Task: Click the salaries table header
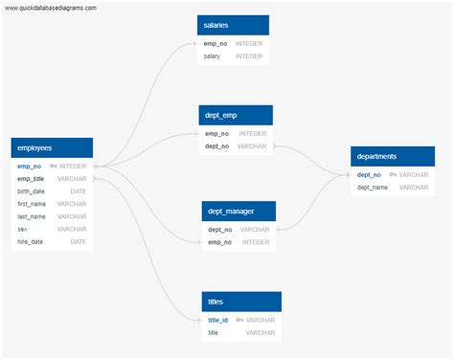[x=234, y=25]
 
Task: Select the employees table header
[x=52, y=147]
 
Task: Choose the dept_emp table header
[x=236, y=115]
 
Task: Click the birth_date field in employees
[x=32, y=191]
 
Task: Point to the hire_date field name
[x=31, y=241]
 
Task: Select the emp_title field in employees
[x=31, y=179]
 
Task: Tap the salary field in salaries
[x=212, y=56]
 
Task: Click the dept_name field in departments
[x=373, y=188]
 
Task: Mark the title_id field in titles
[x=218, y=320]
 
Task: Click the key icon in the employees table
[x=54, y=167]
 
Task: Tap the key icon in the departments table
[x=393, y=175]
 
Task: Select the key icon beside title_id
[x=239, y=320]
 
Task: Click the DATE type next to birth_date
[x=78, y=191]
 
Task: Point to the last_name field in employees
[x=32, y=216]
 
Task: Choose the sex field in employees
[x=23, y=229]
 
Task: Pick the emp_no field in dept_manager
[x=219, y=242]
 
